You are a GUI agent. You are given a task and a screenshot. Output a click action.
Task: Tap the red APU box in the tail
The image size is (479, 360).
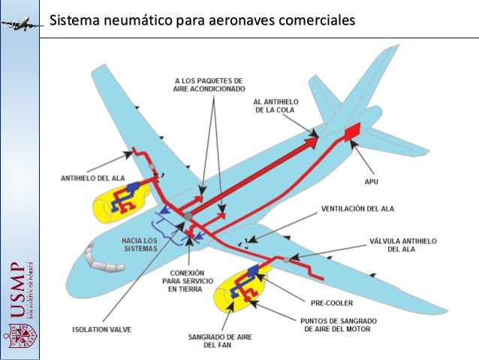[351, 132]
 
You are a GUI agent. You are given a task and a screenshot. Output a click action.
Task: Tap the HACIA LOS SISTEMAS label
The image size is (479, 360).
[138, 244]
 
